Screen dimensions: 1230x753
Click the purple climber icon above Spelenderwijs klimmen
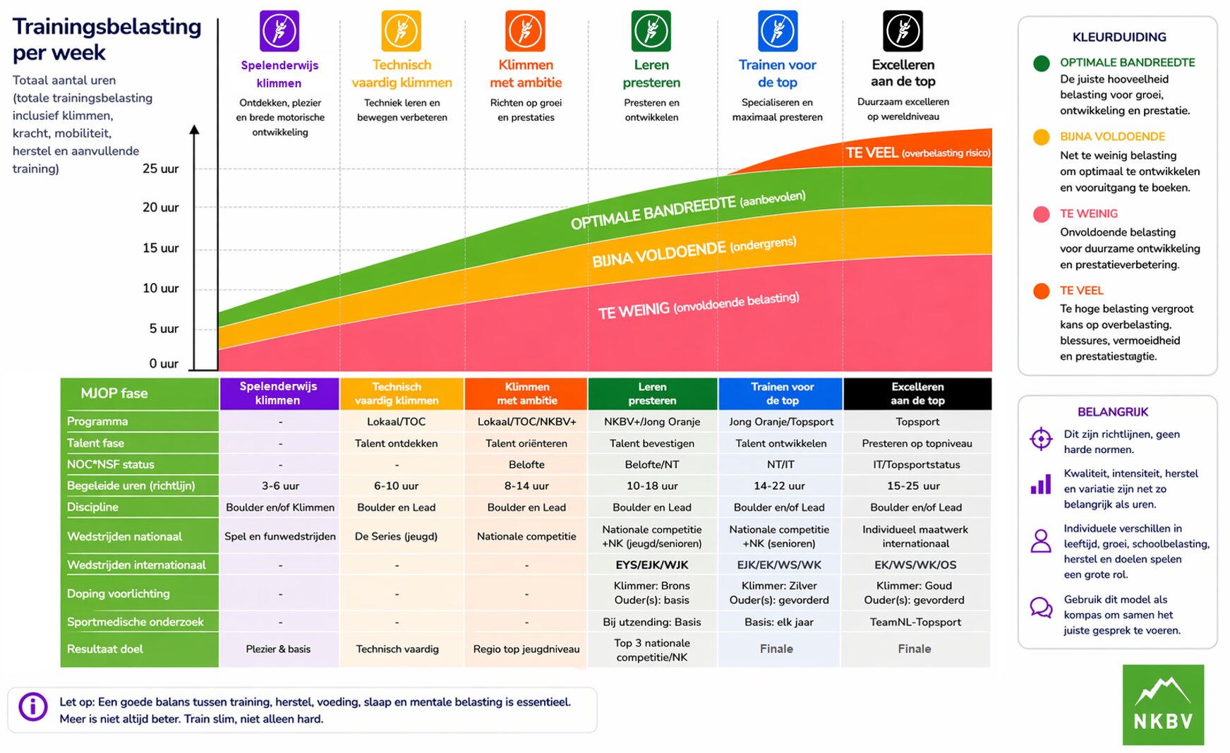(x=279, y=31)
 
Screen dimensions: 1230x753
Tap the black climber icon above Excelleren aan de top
(x=903, y=31)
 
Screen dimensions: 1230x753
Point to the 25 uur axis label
(x=160, y=169)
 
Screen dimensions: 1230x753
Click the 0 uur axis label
(x=164, y=363)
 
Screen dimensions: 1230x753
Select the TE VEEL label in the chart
(x=918, y=153)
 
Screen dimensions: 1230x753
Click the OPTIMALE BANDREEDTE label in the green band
(x=688, y=210)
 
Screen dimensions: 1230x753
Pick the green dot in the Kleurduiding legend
(x=1041, y=64)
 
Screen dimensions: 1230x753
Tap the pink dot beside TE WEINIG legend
(x=1041, y=215)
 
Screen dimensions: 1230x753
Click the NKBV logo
(x=1163, y=704)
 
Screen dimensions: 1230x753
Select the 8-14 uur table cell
(x=526, y=486)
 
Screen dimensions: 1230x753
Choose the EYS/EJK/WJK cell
(x=652, y=565)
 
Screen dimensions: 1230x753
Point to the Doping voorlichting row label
(x=119, y=594)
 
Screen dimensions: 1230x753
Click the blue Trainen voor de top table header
(x=780, y=394)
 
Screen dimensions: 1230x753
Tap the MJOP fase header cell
(x=140, y=394)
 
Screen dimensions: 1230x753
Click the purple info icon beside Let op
(x=33, y=706)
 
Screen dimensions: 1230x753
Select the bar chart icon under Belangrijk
(x=1041, y=484)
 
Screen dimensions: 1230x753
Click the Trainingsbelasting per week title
(x=107, y=39)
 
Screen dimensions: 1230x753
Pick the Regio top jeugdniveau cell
(x=526, y=649)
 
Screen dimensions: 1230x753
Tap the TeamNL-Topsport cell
(x=915, y=622)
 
